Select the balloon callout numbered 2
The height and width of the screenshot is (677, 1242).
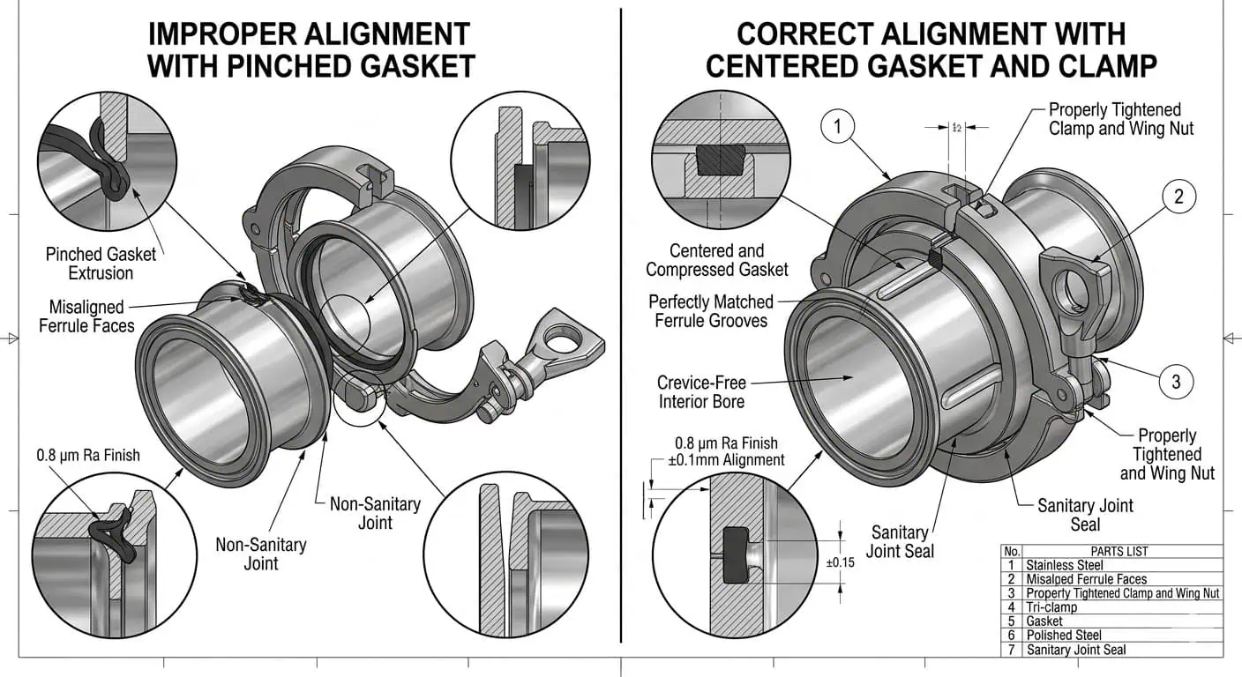tap(1178, 197)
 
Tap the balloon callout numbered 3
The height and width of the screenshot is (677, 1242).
tap(1175, 382)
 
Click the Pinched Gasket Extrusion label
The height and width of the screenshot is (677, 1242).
tap(101, 264)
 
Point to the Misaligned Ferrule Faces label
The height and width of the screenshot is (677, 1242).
tap(86, 316)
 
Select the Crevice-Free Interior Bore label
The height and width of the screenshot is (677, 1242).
tap(701, 392)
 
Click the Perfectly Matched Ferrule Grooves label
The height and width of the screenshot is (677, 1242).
tap(711, 311)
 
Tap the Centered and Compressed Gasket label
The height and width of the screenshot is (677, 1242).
tap(716, 260)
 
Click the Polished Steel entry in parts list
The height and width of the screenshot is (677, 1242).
tap(1064, 636)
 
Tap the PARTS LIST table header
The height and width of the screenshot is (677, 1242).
tap(1119, 551)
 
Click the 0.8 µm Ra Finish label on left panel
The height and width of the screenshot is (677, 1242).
tap(87, 456)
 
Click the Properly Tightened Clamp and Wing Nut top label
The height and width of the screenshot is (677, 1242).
tap(1120, 119)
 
